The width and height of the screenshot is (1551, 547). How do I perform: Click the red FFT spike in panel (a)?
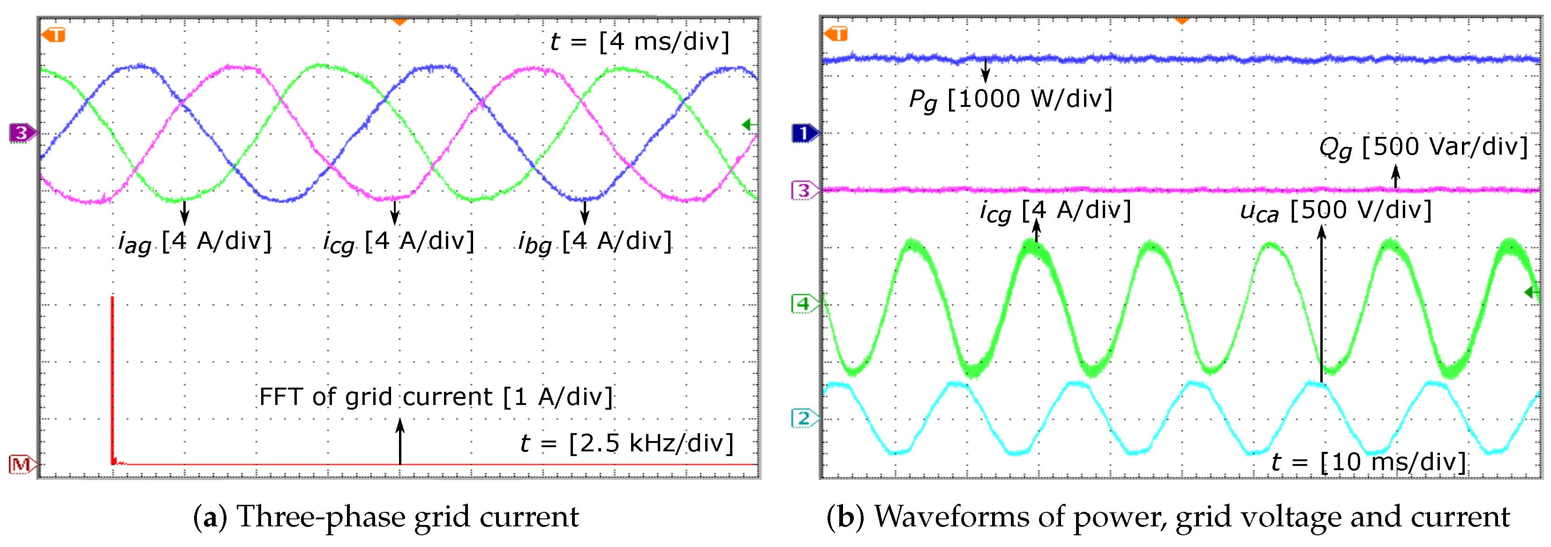coord(113,379)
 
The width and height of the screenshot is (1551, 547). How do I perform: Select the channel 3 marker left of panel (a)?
coord(22,132)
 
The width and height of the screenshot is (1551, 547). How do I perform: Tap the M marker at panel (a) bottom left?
coord(22,464)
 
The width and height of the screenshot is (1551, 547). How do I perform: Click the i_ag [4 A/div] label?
coord(195,242)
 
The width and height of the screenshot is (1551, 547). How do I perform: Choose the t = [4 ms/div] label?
coord(640,42)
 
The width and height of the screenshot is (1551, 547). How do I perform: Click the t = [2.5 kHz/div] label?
coord(627,443)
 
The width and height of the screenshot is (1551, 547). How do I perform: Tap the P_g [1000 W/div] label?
coord(1010,99)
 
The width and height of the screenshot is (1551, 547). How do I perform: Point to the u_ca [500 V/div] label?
coord(1335,210)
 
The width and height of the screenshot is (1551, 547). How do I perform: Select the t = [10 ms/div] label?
coord(1368,462)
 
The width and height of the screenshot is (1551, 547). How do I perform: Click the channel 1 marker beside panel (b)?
coord(804,132)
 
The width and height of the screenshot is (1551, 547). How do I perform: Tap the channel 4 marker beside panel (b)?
coord(804,304)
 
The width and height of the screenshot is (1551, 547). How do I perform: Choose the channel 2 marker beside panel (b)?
coord(804,418)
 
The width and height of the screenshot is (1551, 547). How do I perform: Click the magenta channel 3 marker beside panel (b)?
coord(804,191)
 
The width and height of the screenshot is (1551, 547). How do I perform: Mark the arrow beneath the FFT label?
coord(400,442)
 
